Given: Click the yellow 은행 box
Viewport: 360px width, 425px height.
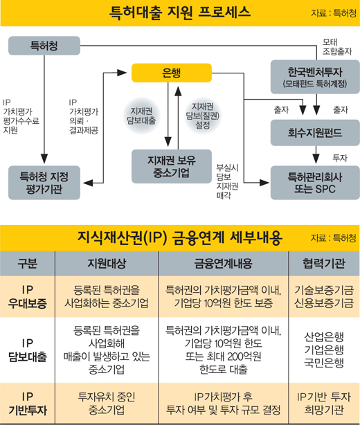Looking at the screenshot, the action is [171, 73].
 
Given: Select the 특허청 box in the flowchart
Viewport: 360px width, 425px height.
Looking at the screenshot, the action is [44, 46].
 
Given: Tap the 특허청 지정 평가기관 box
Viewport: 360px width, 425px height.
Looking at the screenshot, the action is [44, 183].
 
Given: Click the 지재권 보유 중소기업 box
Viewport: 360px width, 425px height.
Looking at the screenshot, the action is [171, 166].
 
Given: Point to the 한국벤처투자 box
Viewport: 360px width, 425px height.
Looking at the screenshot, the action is [315, 77].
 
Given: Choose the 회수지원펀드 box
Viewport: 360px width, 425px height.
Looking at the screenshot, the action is [315, 132].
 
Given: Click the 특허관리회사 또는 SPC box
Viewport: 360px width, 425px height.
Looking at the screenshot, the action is [315, 183].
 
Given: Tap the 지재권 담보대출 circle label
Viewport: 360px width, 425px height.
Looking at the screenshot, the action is [141, 116].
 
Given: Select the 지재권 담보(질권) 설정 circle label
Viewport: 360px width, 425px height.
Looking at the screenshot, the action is [202, 116].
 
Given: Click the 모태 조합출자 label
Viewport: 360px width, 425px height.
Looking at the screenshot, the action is [337, 46].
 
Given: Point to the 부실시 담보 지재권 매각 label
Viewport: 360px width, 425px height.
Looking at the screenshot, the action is [227, 181].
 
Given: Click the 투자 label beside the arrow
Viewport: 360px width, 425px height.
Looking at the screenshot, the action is [340, 158].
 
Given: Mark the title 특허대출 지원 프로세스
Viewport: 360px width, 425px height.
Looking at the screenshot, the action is [180, 12].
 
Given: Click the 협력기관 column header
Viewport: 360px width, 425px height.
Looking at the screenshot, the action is [324, 263].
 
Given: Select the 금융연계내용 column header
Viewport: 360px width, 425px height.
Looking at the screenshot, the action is [223, 263].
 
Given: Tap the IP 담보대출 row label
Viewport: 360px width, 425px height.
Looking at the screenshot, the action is [28, 350].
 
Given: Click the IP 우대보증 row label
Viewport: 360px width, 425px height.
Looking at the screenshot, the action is [28, 296].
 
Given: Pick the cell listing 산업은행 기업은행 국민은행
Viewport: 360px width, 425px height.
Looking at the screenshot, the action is [324, 350].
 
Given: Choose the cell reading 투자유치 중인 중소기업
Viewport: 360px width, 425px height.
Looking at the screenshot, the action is [107, 404].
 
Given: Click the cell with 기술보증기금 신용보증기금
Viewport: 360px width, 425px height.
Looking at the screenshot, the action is [324, 296].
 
